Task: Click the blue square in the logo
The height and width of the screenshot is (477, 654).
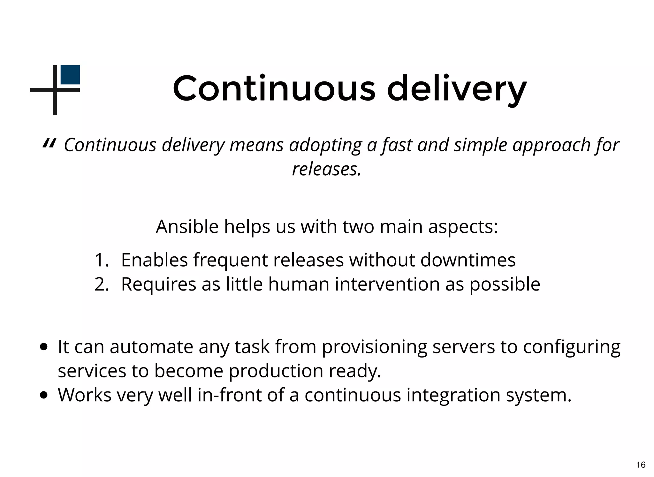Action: coord(70,75)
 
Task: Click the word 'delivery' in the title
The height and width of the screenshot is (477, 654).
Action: coord(456,89)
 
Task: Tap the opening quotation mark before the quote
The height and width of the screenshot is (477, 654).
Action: coord(49,144)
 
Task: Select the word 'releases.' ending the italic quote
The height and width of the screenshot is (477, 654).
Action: coord(327,169)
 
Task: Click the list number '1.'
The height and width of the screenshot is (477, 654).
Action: coord(102,260)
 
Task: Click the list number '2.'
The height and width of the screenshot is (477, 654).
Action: coord(102,284)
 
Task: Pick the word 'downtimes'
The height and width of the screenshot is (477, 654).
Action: coord(468,260)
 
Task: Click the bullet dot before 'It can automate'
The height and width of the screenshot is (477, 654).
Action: coord(44,347)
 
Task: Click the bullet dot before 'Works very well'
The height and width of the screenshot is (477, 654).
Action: coord(44,396)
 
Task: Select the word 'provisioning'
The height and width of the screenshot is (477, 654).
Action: coord(374,347)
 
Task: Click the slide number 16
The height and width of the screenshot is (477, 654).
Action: coord(641,465)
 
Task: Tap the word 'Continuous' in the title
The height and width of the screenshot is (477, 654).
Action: coord(274,89)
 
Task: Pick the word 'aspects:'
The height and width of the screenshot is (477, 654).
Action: coord(463,227)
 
